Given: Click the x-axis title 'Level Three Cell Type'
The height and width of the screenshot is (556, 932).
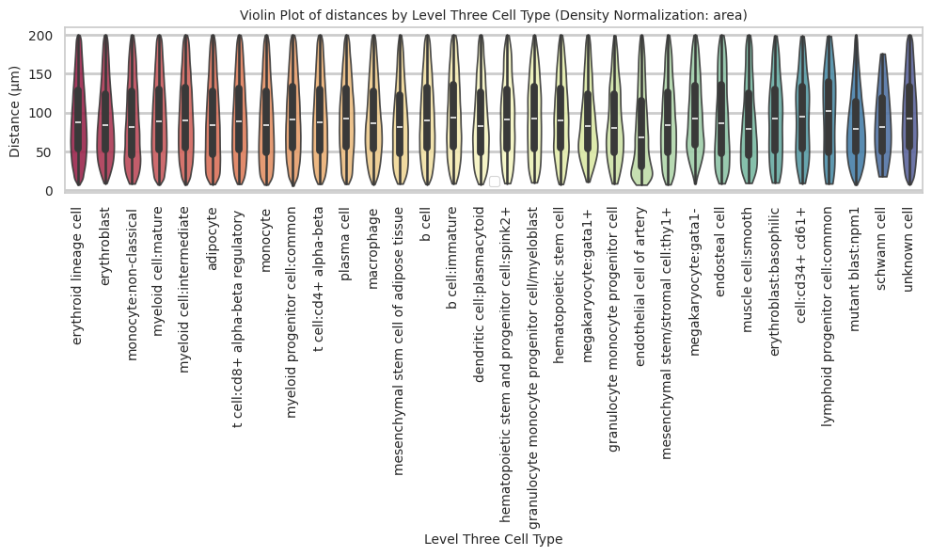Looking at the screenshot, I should pyautogui.click(x=493, y=539).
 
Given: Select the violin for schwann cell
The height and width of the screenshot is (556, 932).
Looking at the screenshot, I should pyautogui.click(x=883, y=113).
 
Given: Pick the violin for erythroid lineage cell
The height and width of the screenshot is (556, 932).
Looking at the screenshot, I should pyautogui.click(x=79, y=108).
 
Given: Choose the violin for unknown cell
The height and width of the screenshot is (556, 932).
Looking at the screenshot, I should pyautogui.click(x=909, y=108).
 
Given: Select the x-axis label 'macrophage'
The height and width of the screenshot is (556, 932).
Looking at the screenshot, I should pyautogui.click(x=373, y=238).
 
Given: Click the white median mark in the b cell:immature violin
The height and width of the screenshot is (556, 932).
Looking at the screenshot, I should pyautogui.click(x=453, y=118).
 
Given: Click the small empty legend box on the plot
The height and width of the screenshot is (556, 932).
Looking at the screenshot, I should pyautogui.click(x=494, y=182).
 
